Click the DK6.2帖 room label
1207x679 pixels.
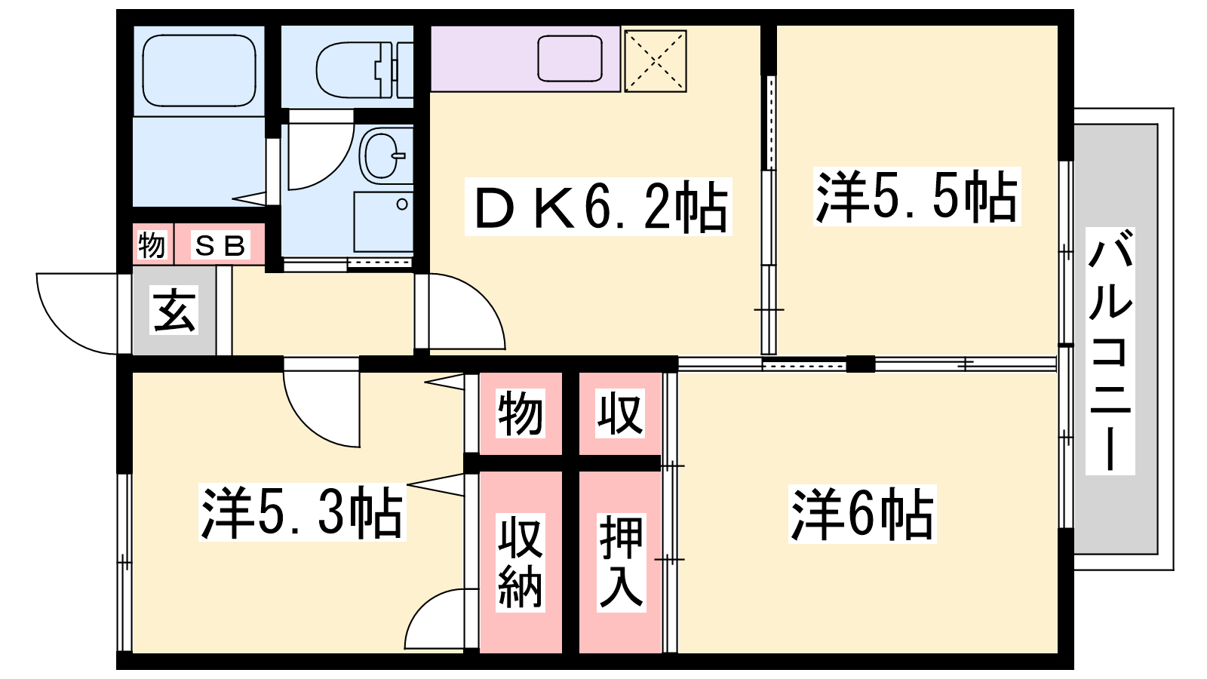click(x=598, y=207)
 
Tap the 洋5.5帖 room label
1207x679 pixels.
click(x=917, y=196)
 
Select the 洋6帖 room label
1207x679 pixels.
click(x=862, y=514)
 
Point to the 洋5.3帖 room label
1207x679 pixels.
click(x=303, y=512)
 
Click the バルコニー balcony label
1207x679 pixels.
click(x=1110, y=351)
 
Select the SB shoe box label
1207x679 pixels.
click(x=220, y=246)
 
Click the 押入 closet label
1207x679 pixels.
click(x=622, y=562)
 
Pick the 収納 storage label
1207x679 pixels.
click(x=520, y=562)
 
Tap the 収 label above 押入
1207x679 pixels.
click(x=620, y=413)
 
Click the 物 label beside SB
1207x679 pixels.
click(x=152, y=246)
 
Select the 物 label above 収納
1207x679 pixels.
click(x=520, y=413)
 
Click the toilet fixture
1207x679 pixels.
click(x=364, y=69)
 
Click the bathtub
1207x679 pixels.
click(x=199, y=70)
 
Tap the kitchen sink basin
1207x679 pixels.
click(x=570, y=58)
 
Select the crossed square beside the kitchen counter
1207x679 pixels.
click(x=655, y=61)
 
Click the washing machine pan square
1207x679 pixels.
click(x=384, y=222)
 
